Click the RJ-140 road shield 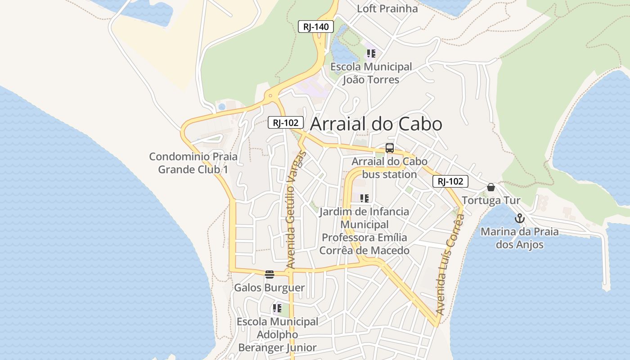(x=316, y=27)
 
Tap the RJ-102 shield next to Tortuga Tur (x=450, y=181)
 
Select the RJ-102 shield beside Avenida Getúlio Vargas (x=286, y=122)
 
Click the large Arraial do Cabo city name (x=376, y=124)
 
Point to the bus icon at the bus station (x=390, y=148)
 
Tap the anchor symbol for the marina (x=520, y=219)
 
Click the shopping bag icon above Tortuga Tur (x=491, y=187)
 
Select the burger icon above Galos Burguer (x=270, y=274)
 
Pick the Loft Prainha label (x=387, y=9)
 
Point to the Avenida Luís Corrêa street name (x=450, y=265)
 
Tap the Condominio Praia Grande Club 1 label (x=193, y=163)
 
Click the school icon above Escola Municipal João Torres (x=371, y=54)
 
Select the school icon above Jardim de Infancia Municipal (x=364, y=198)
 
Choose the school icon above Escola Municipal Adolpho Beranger (x=277, y=309)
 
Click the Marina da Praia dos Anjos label (x=520, y=238)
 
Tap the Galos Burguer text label (x=269, y=288)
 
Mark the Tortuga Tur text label (x=491, y=200)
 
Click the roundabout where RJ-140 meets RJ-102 (x=270, y=95)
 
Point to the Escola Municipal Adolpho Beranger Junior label (x=277, y=334)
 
